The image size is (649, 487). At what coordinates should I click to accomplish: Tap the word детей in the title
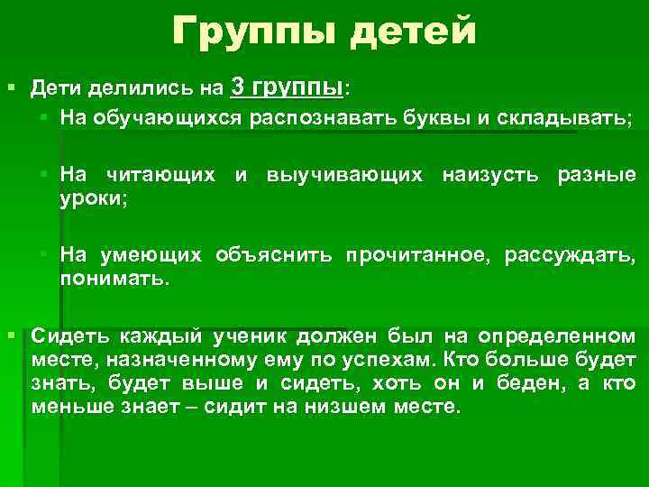[414, 34]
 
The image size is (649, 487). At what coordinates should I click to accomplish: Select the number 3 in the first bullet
[237, 87]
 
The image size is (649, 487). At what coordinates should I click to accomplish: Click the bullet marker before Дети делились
[12, 88]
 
